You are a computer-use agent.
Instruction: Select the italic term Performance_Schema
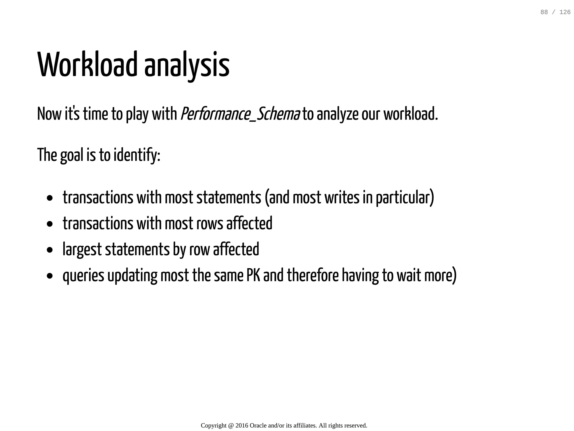[x=240, y=114]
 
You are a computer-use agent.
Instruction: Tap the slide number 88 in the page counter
[x=544, y=12]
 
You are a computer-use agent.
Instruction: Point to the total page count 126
[x=565, y=12]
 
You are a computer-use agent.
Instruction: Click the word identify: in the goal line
[x=137, y=155]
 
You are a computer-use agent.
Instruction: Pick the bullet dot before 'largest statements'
[x=50, y=250]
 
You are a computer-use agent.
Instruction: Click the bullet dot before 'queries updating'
[x=50, y=276]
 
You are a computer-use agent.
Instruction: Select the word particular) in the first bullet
[x=405, y=198]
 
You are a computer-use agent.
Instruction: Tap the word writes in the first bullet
[x=342, y=198]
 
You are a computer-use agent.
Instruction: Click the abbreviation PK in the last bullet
[x=253, y=275]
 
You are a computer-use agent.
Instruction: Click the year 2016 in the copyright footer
[x=242, y=425]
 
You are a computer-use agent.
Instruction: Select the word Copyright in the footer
[x=214, y=425]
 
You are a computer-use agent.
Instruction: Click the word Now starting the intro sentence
[x=49, y=114]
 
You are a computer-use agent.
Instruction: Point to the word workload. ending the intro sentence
[x=410, y=114]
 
